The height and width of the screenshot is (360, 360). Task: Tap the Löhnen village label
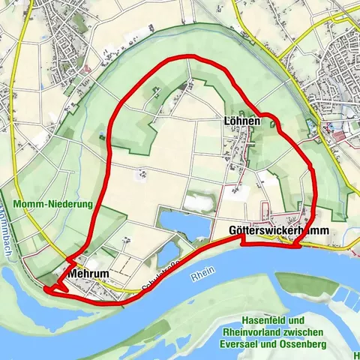pyautogui.click(x=241, y=121)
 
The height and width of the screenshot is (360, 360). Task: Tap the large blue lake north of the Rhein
pyautogui.click(x=184, y=223)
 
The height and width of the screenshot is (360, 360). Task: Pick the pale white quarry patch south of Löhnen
pyautogui.click(x=199, y=201)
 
